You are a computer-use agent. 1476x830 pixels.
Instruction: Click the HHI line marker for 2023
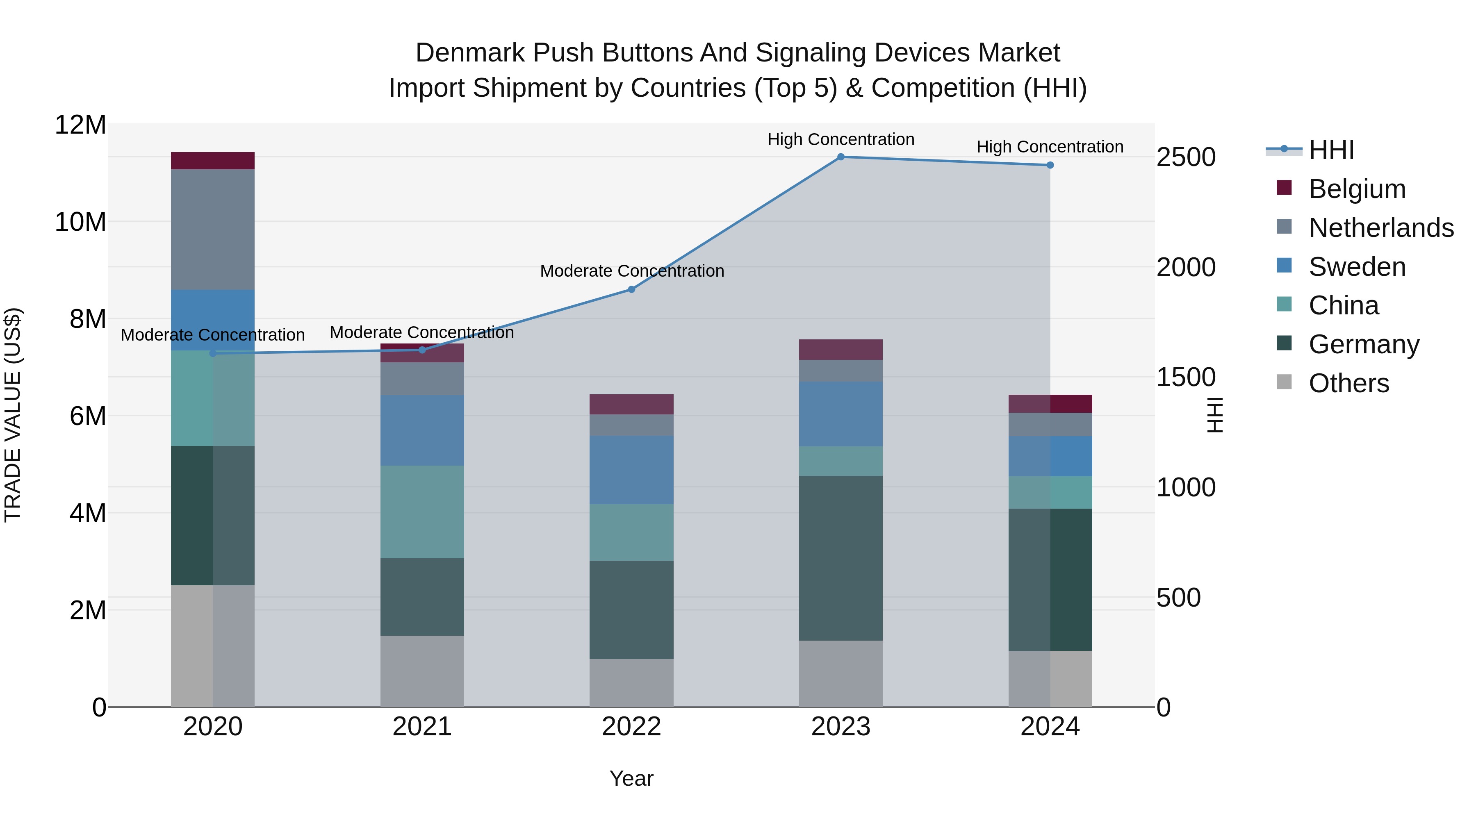coord(840,157)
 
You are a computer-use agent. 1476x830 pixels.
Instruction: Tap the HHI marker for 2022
coord(631,289)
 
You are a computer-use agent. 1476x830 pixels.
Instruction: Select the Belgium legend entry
coord(1357,189)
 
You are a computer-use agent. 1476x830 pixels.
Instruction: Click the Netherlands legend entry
coord(1381,228)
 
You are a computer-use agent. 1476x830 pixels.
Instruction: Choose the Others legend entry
coord(1349,383)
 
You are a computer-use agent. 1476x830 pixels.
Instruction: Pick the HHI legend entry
coord(1331,150)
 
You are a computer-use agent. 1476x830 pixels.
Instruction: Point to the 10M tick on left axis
coord(80,222)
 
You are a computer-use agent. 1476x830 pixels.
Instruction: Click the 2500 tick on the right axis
coord(1185,157)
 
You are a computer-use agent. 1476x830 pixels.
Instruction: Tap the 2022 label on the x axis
coord(631,727)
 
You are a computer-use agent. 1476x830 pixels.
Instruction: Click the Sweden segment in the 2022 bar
coord(631,470)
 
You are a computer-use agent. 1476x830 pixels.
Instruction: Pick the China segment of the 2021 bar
coord(422,512)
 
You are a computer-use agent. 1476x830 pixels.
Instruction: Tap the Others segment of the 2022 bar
coord(631,683)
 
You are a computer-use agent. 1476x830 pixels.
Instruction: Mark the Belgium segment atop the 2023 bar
coord(840,349)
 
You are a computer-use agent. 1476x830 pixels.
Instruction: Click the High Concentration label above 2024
coord(1050,147)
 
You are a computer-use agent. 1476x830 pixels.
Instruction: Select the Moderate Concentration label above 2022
coord(631,271)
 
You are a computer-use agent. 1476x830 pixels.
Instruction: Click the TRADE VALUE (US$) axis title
coord(13,415)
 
